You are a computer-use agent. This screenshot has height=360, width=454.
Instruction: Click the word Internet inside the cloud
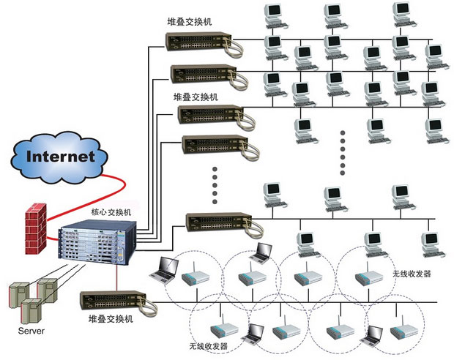pos(61,156)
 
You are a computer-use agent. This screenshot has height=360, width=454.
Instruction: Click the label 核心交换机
pos(111,212)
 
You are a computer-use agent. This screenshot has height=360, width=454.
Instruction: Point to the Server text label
pos(31,331)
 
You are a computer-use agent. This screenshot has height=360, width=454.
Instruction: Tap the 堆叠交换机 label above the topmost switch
pos(189,22)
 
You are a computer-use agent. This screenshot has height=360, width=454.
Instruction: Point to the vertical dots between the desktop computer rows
pos(342,152)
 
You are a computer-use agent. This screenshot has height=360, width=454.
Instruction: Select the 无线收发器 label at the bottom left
pos(209,345)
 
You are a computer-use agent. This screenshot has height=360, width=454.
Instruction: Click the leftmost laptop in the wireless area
pos(164,271)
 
